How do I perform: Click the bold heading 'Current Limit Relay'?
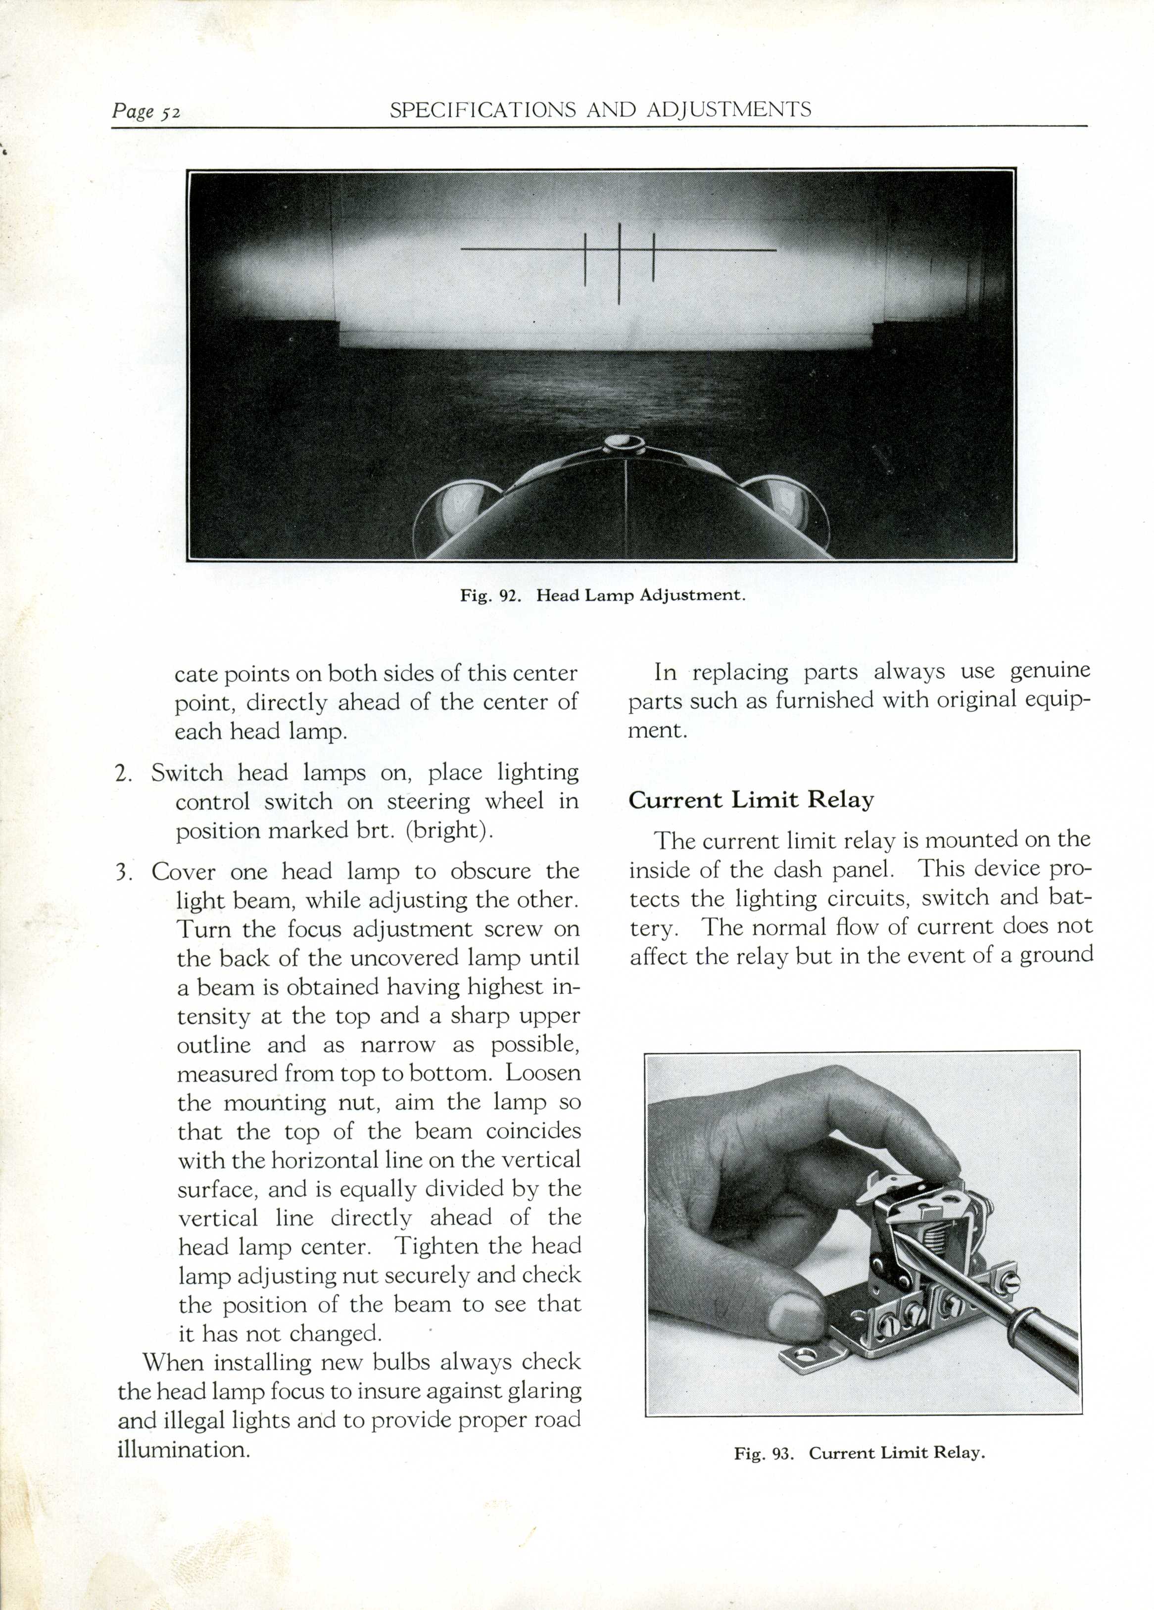tap(751, 800)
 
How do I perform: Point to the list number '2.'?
tap(124, 773)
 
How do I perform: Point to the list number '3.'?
tap(124, 872)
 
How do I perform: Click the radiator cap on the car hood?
tap(624, 445)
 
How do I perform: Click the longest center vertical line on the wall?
tap(620, 263)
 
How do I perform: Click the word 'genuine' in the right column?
tap(1049, 671)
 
